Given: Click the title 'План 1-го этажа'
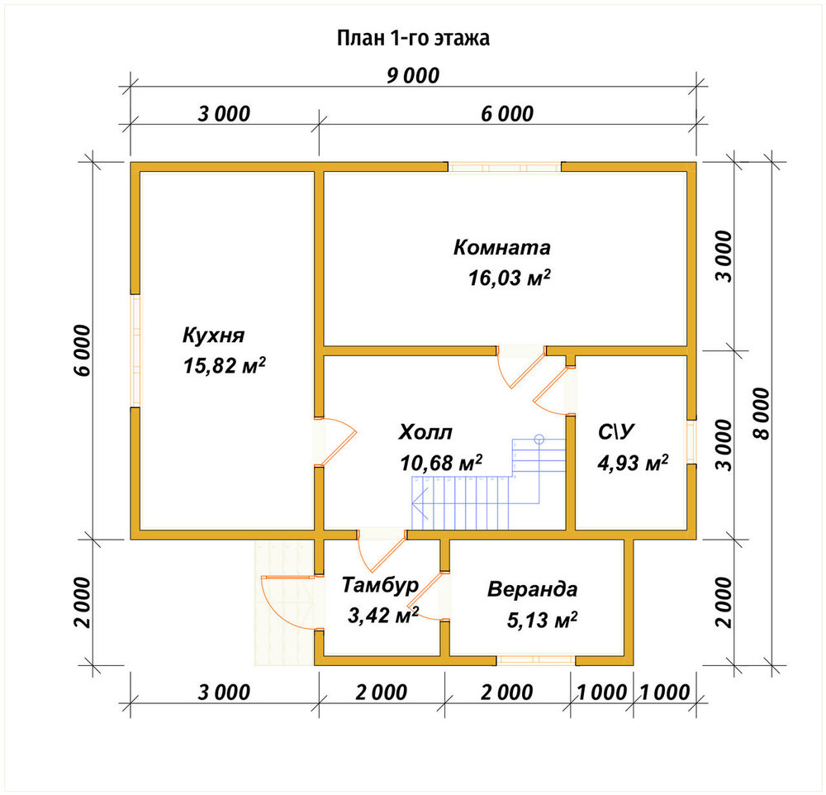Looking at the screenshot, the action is [413, 38].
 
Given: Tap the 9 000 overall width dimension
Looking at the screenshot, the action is [413, 75].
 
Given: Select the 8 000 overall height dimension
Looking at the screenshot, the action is [762, 413].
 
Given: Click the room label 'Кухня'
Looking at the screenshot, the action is [213, 336].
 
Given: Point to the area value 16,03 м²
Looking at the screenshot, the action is [510, 278].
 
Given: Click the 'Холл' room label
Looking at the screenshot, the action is [425, 431].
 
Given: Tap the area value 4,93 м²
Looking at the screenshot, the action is [633, 463].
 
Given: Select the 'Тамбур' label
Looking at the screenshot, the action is [380, 584].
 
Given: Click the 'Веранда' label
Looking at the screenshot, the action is [532, 589].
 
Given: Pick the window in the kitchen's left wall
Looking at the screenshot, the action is [135, 350].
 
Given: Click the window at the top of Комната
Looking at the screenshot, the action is [505, 167].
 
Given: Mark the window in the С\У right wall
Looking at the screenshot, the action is [691, 442].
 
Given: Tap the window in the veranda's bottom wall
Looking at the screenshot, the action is [536, 660].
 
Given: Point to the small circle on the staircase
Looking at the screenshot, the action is [539, 438].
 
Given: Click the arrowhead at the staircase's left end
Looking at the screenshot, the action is [420, 503].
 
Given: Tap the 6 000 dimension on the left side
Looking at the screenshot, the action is [83, 350].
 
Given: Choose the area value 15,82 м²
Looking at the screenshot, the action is [224, 365].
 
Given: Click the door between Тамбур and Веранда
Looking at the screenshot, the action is [427, 595].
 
